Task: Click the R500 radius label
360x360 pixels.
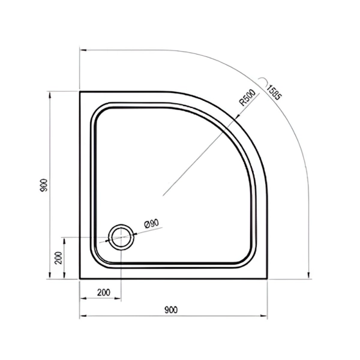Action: pos(247,98)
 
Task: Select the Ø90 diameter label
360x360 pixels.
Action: pos(152,223)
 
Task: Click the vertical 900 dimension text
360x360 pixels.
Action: pos(43,185)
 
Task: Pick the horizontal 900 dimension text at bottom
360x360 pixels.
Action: pos(171,310)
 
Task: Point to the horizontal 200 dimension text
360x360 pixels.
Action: pos(104,292)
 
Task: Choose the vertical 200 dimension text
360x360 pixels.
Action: pos(59,258)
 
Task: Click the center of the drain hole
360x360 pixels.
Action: pos(121,237)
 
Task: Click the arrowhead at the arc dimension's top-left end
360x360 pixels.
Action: pos(83,50)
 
